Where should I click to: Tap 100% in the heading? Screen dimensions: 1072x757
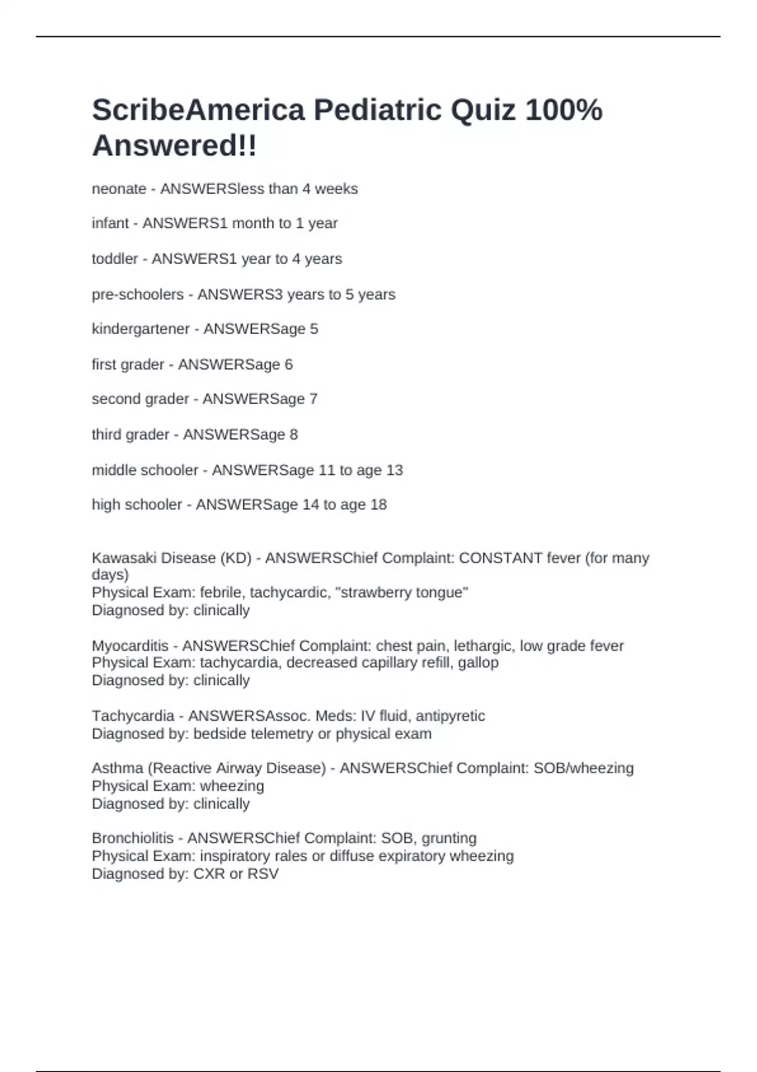point(563,110)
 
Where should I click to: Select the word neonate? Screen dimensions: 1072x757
point(119,189)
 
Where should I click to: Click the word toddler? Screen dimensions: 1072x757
point(114,259)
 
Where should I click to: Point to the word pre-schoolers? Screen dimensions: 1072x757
point(138,294)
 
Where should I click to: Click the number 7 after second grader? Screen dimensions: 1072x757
point(313,399)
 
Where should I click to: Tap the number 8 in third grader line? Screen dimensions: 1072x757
point(293,434)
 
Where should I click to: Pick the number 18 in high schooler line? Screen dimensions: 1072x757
point(378,504)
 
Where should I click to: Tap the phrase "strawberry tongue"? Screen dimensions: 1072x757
point(404,593)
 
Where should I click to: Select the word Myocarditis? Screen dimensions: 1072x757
point(130,646)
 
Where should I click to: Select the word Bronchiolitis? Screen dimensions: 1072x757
point(132,838)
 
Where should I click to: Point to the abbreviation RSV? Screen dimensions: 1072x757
point(262,874)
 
